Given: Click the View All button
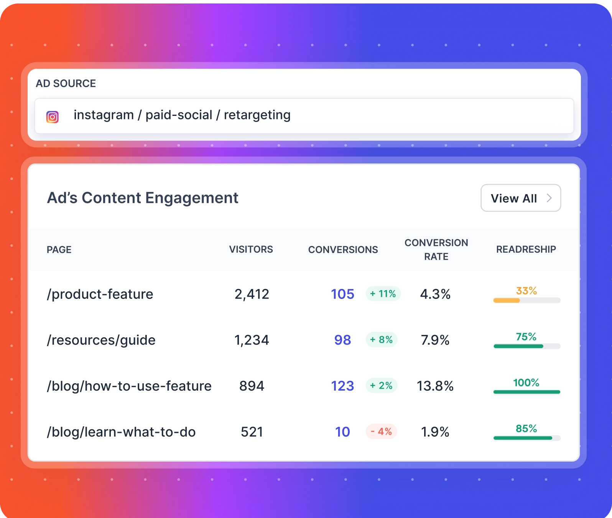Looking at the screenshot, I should click(x=520, y=198).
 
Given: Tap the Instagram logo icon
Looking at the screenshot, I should click(x=53, y=117).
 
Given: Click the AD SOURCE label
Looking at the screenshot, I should click(x=66, y=83).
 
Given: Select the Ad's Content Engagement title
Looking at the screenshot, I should click(x=142, y=198).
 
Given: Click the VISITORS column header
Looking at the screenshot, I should click(x=251, y=249).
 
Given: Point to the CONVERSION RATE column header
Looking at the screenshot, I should click(x=436, y=249).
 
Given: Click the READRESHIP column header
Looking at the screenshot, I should click(x=526, y=249).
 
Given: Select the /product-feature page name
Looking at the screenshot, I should click(x=100, y=294).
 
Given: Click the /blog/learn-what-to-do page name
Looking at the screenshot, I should click(x=121, y=432).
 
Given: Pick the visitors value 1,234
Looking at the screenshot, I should click(x=252, y=340).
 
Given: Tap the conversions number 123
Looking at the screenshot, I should click(x=342, y=386).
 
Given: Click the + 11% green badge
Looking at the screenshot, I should click(x=383, y=294).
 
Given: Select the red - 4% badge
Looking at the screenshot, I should click(x=381, y=432).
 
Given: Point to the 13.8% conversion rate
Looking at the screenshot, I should click(x=435, y=386).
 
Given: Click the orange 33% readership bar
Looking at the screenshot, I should click(x=507, y=300).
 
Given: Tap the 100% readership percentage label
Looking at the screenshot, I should click(x=526, y=383).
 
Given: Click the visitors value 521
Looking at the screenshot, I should click(x=252, y=432).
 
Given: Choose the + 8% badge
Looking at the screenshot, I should click(x=381, y=340).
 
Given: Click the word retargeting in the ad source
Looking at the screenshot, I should click(x=257, y=115).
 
